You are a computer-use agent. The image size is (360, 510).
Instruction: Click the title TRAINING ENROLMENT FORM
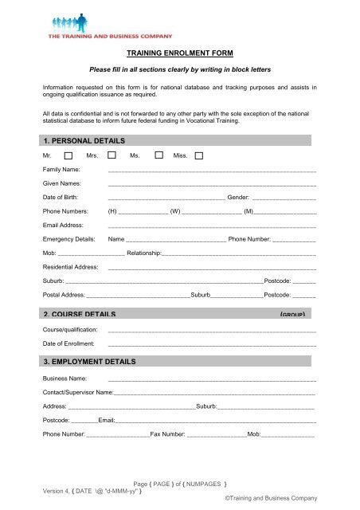pos(181,53)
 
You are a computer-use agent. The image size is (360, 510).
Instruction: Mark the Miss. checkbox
pos(198,156)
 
